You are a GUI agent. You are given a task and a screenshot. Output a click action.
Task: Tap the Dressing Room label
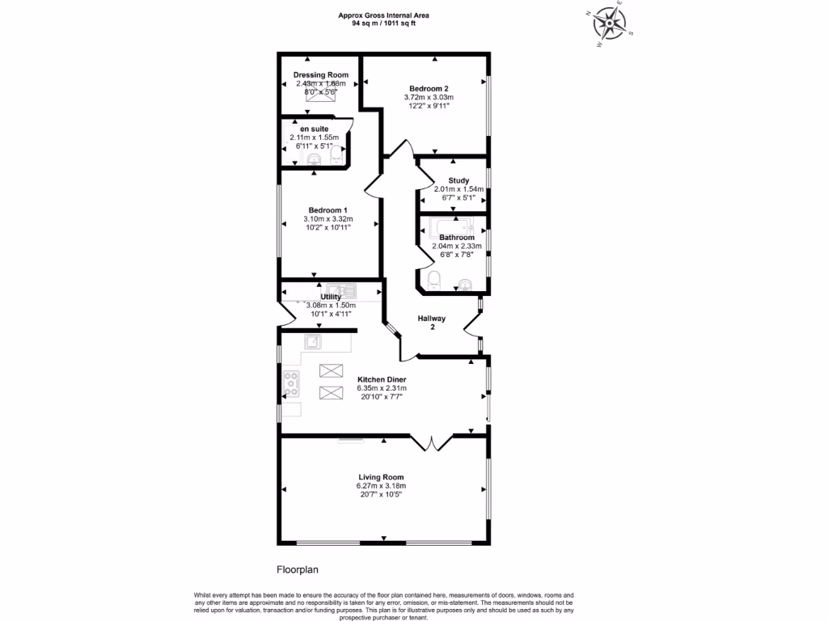(321, 74)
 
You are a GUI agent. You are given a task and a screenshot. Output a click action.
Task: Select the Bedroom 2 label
(429, 88)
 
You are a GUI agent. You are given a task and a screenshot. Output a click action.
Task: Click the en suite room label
(314, 129)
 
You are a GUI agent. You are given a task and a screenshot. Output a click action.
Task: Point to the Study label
(458, 180)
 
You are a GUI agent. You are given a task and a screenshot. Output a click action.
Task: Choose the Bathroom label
(457, 237)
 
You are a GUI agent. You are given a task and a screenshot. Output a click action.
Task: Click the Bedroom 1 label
(321, 209)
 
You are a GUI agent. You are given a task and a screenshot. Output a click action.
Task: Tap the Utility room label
(331, 297)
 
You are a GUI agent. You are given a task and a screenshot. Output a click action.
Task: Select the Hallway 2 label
(432, 323)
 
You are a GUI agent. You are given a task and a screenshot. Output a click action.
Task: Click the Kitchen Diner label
(382, 379)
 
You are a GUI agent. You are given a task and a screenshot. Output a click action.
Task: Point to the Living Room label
(382, 477)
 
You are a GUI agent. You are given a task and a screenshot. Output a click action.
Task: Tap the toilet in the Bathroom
(434, 280)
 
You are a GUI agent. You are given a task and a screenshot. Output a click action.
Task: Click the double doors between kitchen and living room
(432, 442)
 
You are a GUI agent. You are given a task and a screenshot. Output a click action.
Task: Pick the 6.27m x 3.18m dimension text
(382, 486)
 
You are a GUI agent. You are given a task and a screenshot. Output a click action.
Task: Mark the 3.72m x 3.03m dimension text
(429, 97)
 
